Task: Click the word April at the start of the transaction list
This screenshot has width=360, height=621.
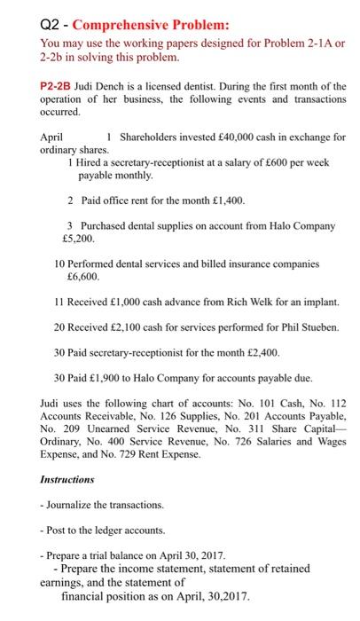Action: (x=54, y=138)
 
